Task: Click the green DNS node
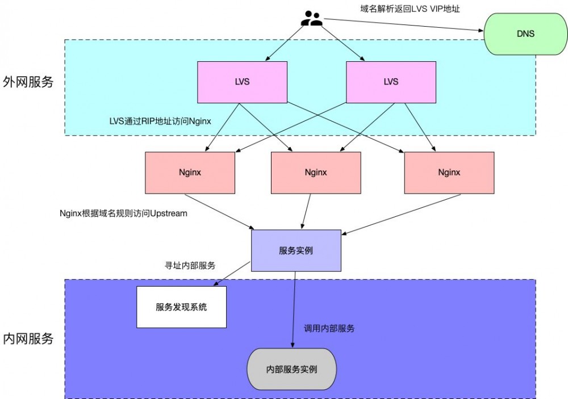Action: pos(525,34)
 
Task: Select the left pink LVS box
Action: pos(241,82)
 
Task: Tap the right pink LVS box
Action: pos(391,82)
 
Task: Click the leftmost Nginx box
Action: pos(190,173)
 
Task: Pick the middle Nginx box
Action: pos(316,173)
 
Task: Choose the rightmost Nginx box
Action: pos(449,173)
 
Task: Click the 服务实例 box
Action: pos(296,250)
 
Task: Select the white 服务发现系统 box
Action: pos(181,307)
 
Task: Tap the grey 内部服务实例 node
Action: pos(291,369)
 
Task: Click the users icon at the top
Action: pos(312,19)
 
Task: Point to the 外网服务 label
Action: pos(28,82)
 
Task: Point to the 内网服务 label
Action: pos(28,339)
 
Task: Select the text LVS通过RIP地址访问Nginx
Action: pos(160,121)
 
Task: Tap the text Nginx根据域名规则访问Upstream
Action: pos(123,213)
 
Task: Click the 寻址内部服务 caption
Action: pos(190,265)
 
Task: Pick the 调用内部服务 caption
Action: pos(329,328)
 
